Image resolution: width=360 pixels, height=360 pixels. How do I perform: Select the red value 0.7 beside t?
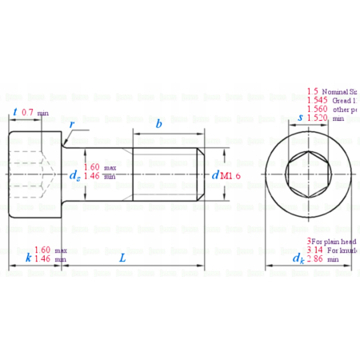(x=29, y=112)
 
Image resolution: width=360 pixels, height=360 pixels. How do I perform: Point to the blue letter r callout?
(x=72, y=126)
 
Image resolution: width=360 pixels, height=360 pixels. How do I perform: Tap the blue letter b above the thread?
(x=159, y=124)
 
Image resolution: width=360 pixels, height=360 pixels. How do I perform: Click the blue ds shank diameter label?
(x=74, y=174)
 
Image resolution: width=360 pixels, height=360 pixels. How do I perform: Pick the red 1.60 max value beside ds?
(x=92, y=167)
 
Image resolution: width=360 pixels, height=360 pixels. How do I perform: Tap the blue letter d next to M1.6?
(x=215, y=174)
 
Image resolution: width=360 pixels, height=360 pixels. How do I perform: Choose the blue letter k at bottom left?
(x=28, y=258)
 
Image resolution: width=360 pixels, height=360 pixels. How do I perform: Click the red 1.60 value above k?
(x=42, y=250)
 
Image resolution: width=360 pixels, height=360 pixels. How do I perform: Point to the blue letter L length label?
(x=122, y=258)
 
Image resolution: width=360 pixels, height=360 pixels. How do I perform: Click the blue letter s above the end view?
(x=299, y=118)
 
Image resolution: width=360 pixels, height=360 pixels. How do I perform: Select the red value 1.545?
(x=318, y=101)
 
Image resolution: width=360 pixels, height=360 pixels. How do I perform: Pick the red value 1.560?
(x=318, y=110)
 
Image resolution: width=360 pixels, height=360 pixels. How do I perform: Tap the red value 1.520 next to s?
(x=318, y=118)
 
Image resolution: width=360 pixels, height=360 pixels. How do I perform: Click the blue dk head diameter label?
(x=298, y=258)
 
